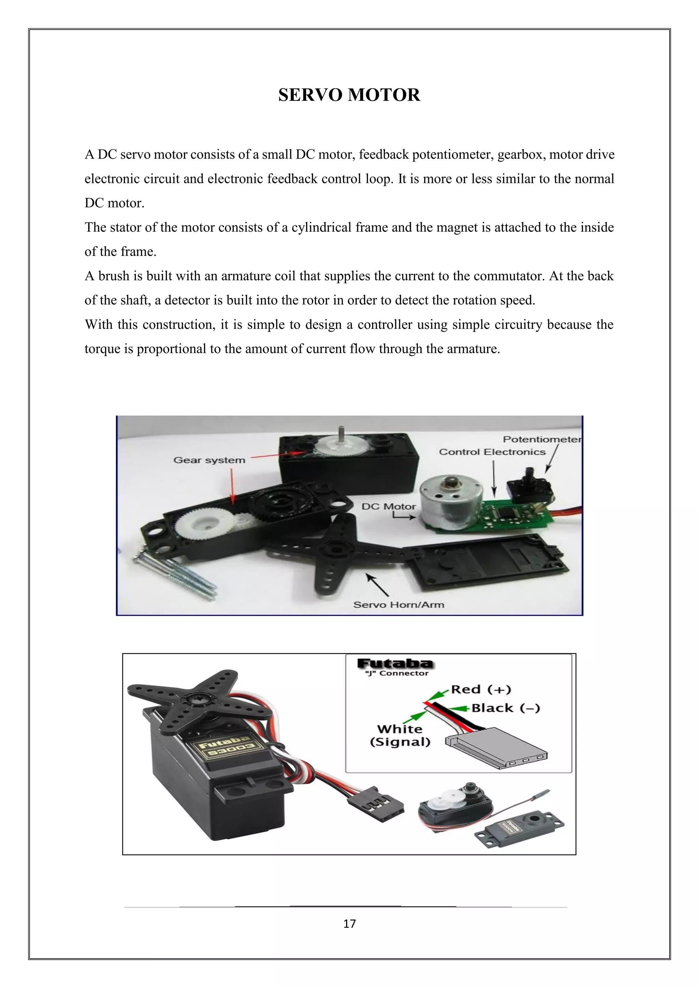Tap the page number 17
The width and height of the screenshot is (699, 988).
349,924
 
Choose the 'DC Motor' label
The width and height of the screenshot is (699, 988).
389,507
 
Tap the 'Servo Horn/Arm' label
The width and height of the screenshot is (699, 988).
399,605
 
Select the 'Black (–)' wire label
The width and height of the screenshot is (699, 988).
505,708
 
